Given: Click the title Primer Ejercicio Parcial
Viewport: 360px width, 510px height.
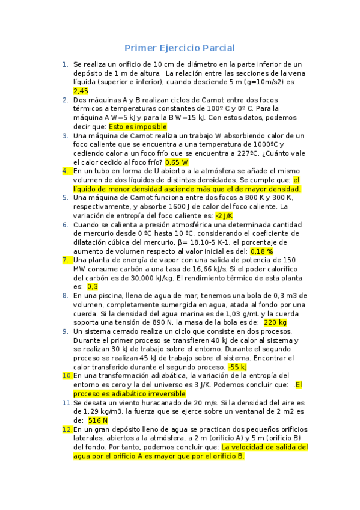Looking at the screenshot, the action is click(179, 48).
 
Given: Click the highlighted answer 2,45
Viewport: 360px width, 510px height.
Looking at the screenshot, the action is click(81, 90).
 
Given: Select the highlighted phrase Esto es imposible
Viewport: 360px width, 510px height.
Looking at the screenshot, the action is click(138, 127).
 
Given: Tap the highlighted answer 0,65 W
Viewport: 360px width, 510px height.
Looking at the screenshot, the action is click(177, 162).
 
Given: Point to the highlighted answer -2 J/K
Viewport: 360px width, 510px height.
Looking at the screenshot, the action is click(224, 215).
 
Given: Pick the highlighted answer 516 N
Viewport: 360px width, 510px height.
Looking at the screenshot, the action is click(97, 420).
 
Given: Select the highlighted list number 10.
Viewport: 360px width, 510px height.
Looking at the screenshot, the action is click(67, 376).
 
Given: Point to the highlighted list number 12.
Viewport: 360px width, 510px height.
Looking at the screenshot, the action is click(67, 429).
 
